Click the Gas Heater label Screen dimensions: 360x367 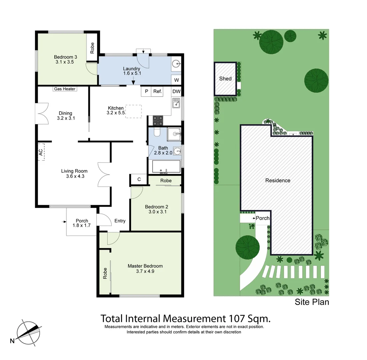coord(65,89)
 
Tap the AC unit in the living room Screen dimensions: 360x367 coord(41,152)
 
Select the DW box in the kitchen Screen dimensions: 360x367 coord(176,91)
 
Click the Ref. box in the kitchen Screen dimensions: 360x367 coord(157,91)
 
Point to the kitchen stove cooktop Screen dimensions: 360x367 coord(158,120)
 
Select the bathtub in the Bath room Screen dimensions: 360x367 coord(166,167)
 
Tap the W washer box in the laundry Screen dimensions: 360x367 coord(176,80)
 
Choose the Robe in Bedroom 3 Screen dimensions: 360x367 coord(92,48)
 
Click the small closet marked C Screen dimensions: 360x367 coord(139,179)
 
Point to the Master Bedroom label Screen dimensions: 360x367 coord(145,266)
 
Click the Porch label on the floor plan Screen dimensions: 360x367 coord(82,221)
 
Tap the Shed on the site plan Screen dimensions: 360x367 coord(225,79)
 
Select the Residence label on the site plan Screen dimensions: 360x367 coord(278,180)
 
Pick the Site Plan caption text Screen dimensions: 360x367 coord(312,302)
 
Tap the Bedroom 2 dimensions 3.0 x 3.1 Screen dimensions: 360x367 coord(155,212)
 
